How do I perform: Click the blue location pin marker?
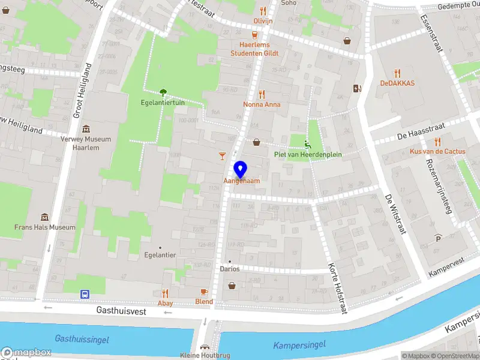(x=241, y=169)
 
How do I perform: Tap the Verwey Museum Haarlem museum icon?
(x=87, y=129)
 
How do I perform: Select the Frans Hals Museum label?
(x=45, y=227)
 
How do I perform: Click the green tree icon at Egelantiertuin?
(x=163, y=92)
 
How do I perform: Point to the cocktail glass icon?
(x=223, y=156)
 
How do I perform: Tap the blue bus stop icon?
(x=85, y=294)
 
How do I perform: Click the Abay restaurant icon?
(x=165, y=293)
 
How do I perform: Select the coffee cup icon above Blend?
(x=204, y=292)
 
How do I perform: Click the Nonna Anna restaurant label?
(x=262, y=104)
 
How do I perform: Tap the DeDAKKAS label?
(x=397, y=83)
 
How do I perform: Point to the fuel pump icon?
(x=358, y=89)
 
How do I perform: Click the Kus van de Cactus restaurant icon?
(x=437, y=142)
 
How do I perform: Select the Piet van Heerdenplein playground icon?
(x=308, y=144)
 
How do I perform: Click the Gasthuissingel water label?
(x=82, y=339)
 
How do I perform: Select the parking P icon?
(x=438, y=238)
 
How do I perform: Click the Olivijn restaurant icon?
(x=263, y=10)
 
